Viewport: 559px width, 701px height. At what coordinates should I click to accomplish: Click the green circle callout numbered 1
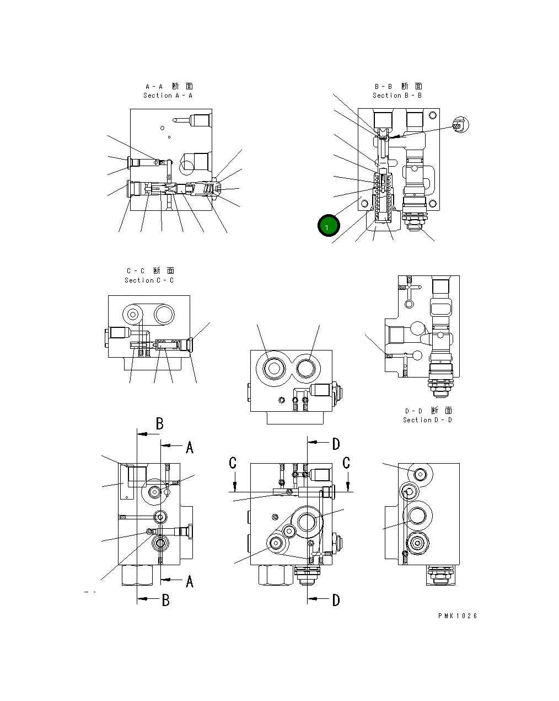(329, 226)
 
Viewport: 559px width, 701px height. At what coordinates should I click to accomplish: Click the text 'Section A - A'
(168, 95)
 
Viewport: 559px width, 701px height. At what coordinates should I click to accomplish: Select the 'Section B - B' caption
(397, 95)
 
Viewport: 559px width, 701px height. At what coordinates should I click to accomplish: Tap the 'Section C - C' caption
(149, 280)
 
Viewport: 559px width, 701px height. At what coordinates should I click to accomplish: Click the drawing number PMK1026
(458, 616)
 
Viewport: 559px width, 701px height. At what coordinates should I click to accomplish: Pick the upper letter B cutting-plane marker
(159, 424)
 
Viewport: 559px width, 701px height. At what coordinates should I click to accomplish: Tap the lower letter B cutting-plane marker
(165, 600)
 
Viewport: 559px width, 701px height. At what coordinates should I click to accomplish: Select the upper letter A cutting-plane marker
(189, 447)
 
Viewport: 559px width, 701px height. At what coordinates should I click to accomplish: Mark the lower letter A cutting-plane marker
(189, 581)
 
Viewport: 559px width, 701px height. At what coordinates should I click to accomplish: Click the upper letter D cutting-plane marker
(336, 443)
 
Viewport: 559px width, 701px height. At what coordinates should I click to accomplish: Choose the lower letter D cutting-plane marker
(336, 600)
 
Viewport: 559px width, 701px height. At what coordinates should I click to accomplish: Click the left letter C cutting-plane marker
(233, 463)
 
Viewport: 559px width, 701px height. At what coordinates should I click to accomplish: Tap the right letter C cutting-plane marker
(346, 463)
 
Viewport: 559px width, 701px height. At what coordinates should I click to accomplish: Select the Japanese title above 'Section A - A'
(169, 86)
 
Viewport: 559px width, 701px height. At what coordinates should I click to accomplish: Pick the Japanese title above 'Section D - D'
(428, 411)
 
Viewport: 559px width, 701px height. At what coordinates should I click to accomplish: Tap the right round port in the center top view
(307, 368)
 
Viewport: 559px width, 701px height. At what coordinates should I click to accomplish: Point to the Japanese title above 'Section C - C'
(149, 271)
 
